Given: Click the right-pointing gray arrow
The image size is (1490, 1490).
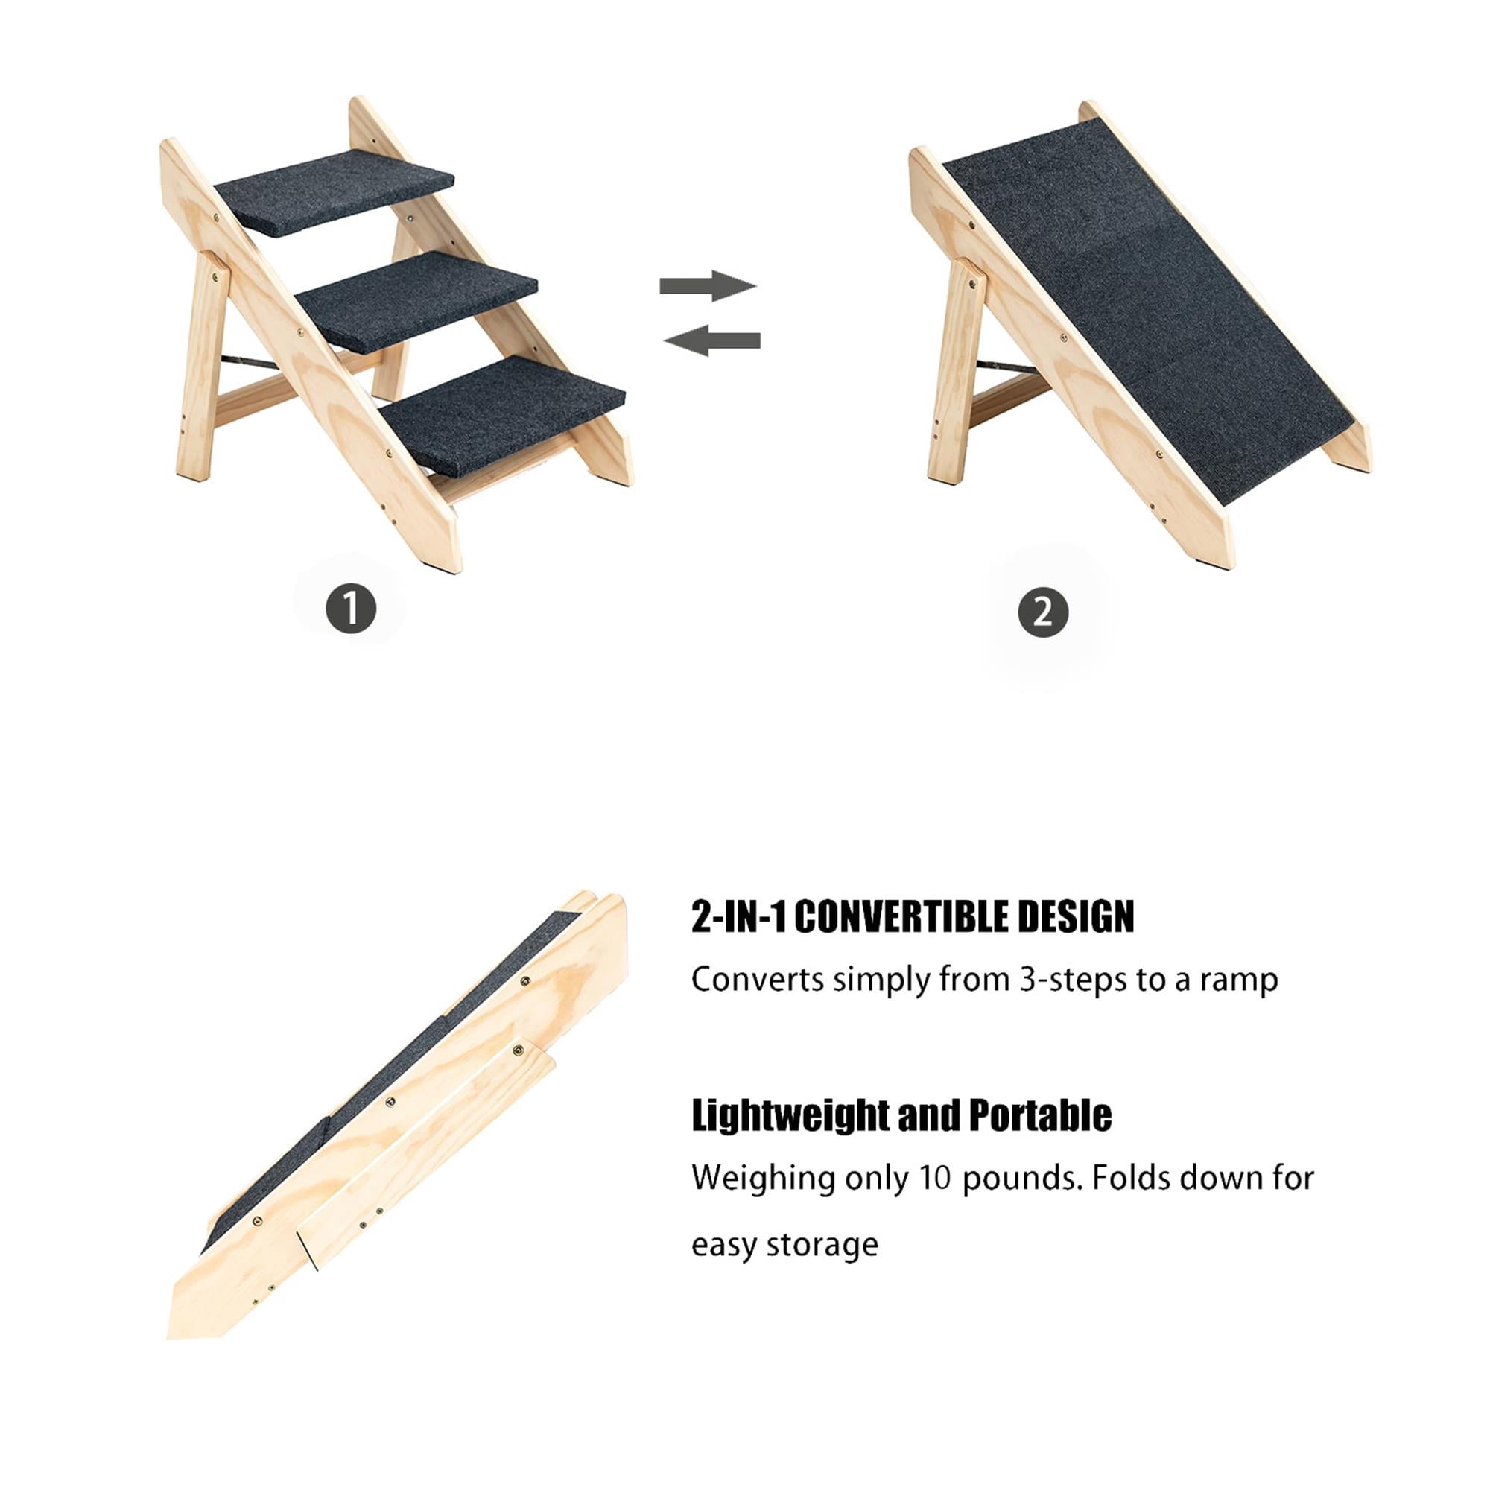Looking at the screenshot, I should click(x=708, y=285).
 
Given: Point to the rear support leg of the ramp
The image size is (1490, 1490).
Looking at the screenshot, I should click(x=957, y=370).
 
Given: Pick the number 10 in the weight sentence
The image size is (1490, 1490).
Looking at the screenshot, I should click(x=934, y=1179).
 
